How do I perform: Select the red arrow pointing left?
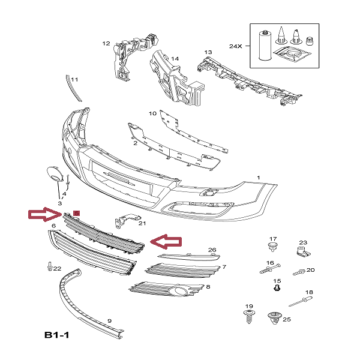pyautogui.click(x=166, y=241)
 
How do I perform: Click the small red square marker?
pyautogui.click(x=76, y=213)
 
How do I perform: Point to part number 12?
pyautogui.click(x=106, y=43)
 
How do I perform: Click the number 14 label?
pyautogui.click(x=175, y=59)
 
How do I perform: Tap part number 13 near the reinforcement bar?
pyautogui.click(x=208, y=53)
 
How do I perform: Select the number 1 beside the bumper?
pyautogui.click(x=259, y=178)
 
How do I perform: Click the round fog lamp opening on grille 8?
pyautogui.click(x=179, y=292)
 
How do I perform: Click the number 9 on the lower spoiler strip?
pyautogui.click(x=109, y=321)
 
